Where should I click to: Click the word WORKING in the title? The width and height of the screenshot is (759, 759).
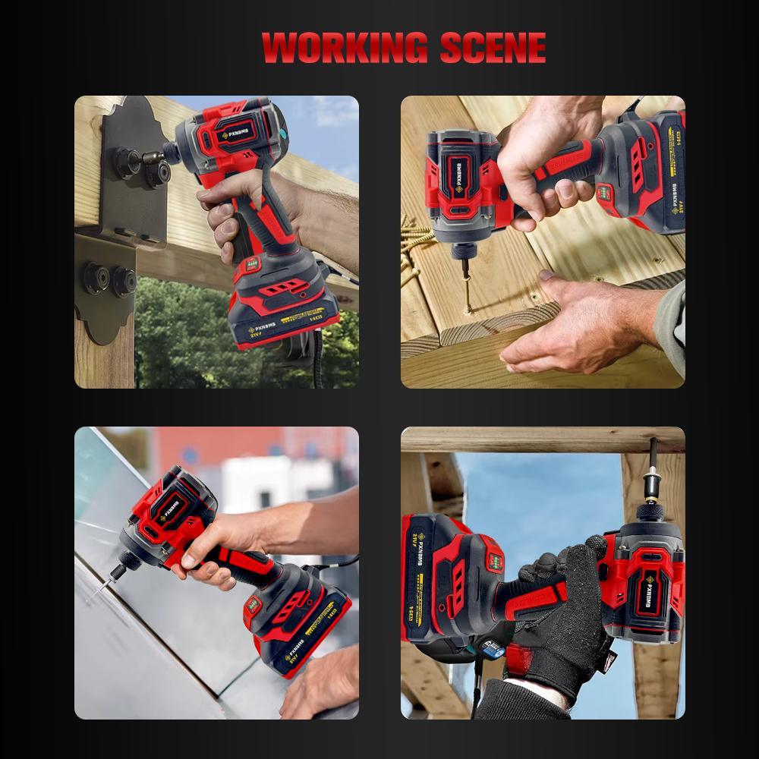click(x=345, y=48)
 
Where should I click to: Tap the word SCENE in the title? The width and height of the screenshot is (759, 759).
click(x=493, y=48)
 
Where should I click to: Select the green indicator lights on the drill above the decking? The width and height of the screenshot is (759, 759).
click(x=605, y=194)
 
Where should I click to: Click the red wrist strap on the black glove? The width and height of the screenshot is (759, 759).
click(x=524, y=657)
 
